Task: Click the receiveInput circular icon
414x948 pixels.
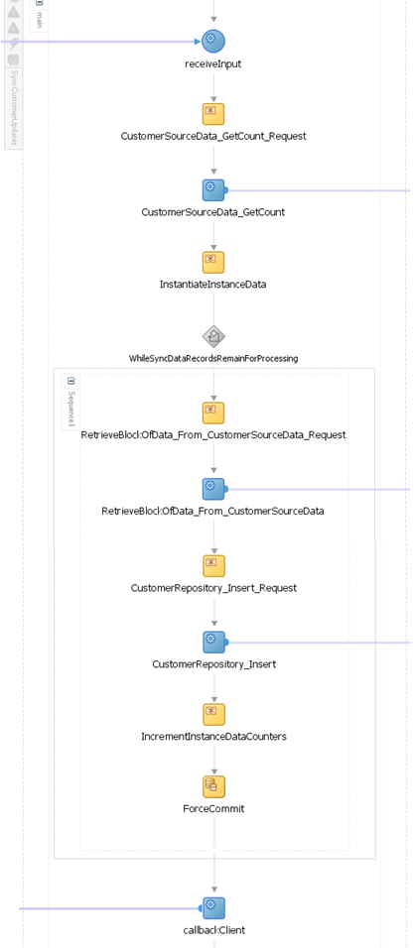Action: click(213, 41)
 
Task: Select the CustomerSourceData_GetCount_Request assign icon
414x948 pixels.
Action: click(213, 113)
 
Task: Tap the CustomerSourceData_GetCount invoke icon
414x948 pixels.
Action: click(213, 189)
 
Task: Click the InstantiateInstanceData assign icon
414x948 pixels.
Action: click(213, 262)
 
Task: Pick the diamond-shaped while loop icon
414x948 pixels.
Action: click(213, 336)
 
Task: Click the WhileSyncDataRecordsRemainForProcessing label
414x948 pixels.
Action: click(213, 359)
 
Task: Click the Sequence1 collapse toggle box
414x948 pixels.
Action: click(71, 381)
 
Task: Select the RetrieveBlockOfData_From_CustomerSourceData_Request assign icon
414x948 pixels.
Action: click(213, 413)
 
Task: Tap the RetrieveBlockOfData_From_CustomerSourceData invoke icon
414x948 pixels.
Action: click(213, 489)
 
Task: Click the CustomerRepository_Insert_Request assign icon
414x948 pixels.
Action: click(213, 565)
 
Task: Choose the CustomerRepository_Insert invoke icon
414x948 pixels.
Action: click(213, 642)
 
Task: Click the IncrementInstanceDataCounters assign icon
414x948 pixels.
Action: click(213, 714)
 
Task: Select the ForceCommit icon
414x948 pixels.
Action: click(213, 786)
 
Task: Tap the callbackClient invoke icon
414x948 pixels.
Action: click(213, 907)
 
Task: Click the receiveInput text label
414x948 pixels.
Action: click(213, 64)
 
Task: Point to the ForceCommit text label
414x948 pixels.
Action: click(213, 809)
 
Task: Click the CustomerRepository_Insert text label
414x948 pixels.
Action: click(213, 664)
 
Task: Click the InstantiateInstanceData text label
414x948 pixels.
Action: click(213, 285)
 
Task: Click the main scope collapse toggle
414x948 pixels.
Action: click(40, 3)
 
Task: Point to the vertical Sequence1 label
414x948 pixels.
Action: click(71, 409)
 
